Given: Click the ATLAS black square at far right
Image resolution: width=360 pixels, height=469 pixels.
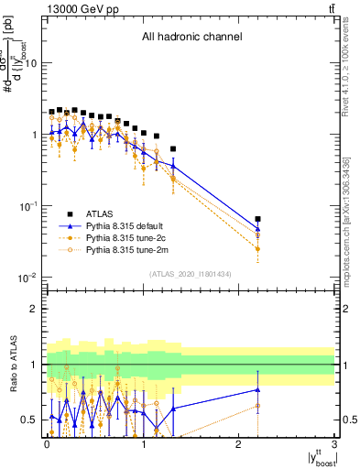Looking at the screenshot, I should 257,220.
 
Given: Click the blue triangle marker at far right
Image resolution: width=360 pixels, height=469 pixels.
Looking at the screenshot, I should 257,229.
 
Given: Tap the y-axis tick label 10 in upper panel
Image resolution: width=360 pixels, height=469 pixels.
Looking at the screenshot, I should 31,63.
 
